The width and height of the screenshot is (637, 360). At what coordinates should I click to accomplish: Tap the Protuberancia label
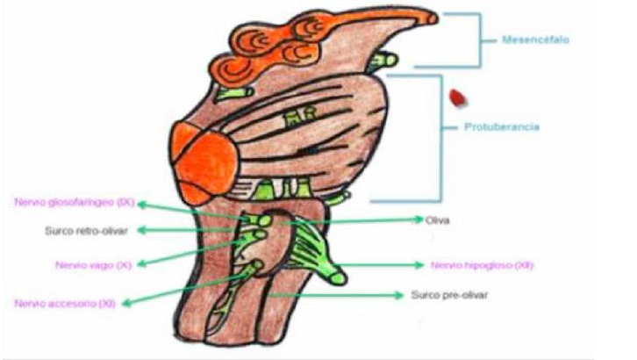point(501,127)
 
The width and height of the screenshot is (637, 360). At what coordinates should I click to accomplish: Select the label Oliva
point(436,220)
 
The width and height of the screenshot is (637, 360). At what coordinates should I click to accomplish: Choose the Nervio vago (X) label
point(80,263)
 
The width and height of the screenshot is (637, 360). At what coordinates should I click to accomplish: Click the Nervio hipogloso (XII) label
point(482,264)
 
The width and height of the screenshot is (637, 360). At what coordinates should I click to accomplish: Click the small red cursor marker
point(456,97)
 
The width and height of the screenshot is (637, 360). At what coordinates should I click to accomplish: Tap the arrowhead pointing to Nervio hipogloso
point(418,264)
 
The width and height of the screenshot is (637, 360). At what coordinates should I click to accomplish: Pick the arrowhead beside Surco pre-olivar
point(402,294)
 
